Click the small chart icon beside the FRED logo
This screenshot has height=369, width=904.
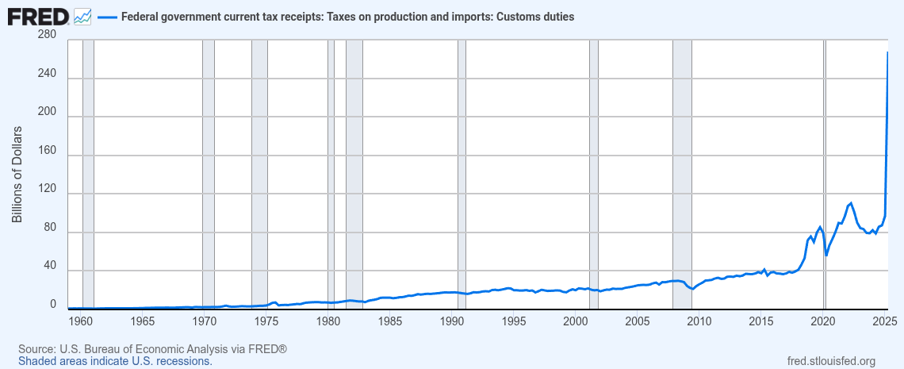(82, 16)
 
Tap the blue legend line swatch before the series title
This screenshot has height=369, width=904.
(106, 17)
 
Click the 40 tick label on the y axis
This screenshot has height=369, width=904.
(49, 267)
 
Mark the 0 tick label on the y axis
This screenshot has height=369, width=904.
(53, 305)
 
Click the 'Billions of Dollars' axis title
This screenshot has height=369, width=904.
(17, 173)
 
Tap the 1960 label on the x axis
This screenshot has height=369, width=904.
(80, 321)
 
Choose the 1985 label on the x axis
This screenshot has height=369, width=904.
(389, 321)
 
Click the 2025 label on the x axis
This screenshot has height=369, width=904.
(885, 321)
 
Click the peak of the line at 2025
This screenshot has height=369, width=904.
(887, 52)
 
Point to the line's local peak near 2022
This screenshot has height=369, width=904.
(851, 203)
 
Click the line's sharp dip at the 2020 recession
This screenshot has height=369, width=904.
(826, 255)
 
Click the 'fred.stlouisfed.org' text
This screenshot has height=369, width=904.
(830, 361)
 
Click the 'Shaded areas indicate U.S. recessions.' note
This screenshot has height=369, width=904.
(115, 361)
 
